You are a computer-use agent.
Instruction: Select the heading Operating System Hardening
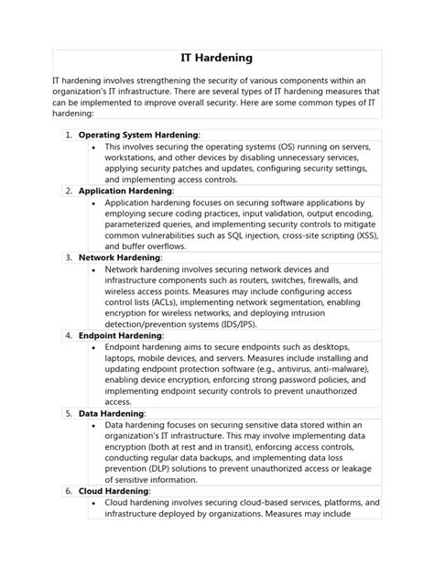(138, 134)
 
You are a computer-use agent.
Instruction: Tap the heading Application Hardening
(132, 191)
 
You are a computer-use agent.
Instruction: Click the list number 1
(69, 134)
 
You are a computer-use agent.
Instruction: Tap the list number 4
(69, 335)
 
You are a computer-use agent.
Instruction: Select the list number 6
(69, 491)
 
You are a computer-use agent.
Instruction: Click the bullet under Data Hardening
(95, 425)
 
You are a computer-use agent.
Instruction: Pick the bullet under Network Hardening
(95, 270)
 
